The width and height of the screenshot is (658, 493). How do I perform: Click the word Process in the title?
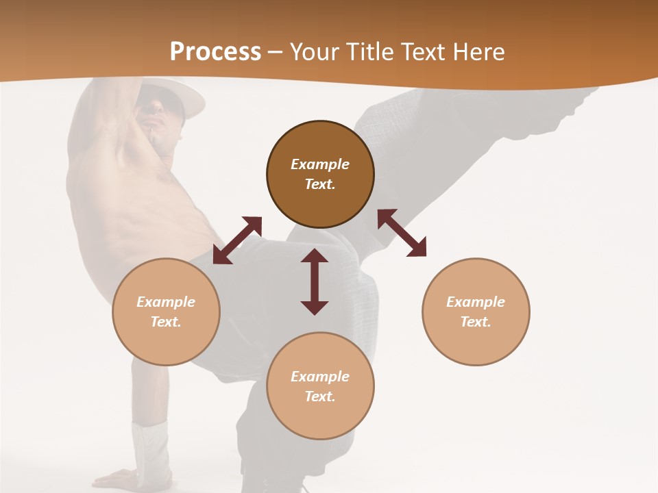click(215, 52)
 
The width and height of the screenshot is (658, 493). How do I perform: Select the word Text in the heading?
click(420, 52)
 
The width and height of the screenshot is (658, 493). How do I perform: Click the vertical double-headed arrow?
click(315, 281)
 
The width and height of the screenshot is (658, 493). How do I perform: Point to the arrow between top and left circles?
click(237, 240)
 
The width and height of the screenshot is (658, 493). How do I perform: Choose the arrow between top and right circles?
click(402, 233)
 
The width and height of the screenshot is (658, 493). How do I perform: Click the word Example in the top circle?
click(320, 164)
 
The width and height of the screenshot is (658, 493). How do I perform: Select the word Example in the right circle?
click(476, 302)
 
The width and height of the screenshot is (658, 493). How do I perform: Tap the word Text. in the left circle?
click(166, 322)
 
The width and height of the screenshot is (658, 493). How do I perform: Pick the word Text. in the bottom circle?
click(320, 396)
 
